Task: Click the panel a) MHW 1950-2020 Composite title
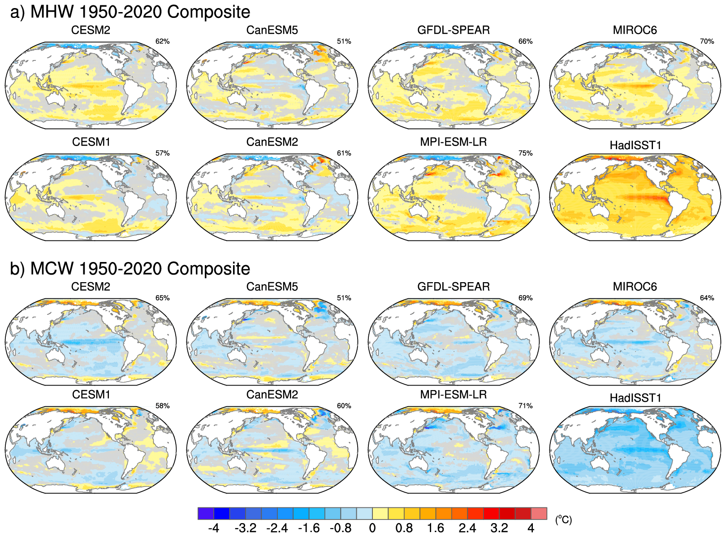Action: pyautogui.click(x=130, y=12)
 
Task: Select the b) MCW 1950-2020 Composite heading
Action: pyautogui.click(x=130, y=269)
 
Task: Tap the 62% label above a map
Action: pyautogui.click(x=162, y=42)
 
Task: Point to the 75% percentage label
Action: pyautogui.click(x=525, y=153)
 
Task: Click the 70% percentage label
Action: pyautogui.click(x=707, y=42)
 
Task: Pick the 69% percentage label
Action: pyautogui.click(x=525, y=298)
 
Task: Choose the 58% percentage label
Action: pyautogui.click(x=162, y=406)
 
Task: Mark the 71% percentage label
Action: pyautogui.click(x=525, y=406)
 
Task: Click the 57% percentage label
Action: pyautogui.click(x=162, y=153)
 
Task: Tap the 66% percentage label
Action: pyautogui.click(x=525, y=42)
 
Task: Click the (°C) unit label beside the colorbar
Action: pyautogui.click(x=563, y=520)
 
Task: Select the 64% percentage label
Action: pyautogui.click(x=707, y=298)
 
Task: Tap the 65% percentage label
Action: pyautogui.click(x=162, y=298)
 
